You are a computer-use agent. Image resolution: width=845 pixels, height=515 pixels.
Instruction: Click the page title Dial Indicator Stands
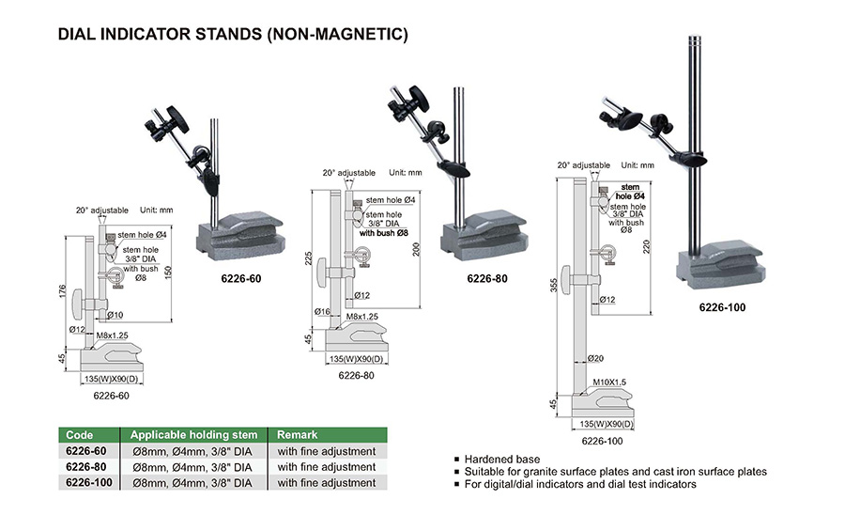[x=233, y=35]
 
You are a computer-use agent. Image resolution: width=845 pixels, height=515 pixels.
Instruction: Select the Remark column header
[x=296, y=435]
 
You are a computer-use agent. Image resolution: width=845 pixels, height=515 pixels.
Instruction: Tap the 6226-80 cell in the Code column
[x=86, y=466]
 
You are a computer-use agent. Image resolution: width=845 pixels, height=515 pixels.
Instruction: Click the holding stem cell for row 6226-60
[x=193, y=451]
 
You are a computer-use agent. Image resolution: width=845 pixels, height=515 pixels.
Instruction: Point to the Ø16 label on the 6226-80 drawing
[x=322, y=311]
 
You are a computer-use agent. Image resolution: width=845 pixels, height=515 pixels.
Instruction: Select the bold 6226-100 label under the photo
[x=722, y=306]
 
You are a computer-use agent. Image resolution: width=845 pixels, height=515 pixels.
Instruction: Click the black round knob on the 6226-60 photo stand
[x=177, y=122]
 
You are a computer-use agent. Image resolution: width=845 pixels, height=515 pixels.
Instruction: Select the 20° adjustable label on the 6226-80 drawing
[x=348, y=173]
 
